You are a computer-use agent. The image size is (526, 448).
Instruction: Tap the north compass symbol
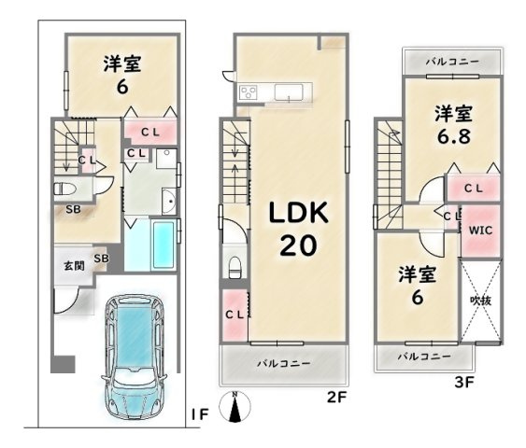coord(235,406)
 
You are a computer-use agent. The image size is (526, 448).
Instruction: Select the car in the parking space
coord(135,357)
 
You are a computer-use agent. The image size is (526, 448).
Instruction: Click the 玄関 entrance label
coord(74,266)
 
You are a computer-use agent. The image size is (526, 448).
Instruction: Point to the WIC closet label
coord(481,231)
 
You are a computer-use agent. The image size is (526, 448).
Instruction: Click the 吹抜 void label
coord(481,301)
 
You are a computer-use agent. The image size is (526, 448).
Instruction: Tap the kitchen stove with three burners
coord(249,91)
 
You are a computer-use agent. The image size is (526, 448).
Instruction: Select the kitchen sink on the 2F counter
coord(289,91)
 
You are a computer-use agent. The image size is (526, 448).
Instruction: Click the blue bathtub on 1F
coord(163,245)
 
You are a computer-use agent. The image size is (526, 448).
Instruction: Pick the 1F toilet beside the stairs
coord(64,189)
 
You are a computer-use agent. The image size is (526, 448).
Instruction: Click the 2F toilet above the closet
coord(235,267)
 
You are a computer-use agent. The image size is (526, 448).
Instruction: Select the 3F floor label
coord(464,382)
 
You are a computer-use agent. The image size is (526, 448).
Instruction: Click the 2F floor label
coord(336,398)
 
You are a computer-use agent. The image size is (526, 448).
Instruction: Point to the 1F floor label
coord(200,415)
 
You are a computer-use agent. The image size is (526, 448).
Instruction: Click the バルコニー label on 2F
coord(284,364)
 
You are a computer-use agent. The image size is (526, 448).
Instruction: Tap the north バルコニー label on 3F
coord(452,62)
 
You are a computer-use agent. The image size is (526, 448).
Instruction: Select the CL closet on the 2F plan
coord(235,315)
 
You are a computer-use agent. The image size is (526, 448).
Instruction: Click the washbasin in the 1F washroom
coord(169,202)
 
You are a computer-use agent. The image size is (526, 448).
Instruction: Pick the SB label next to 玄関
coord(101,259)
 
